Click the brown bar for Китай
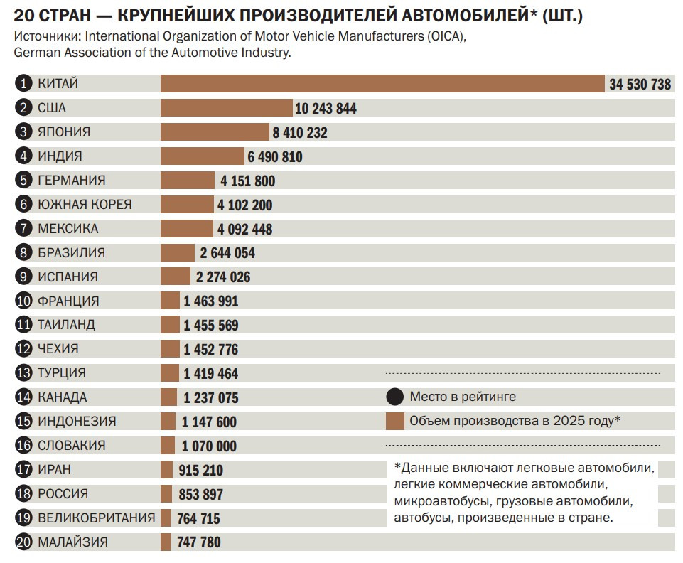pos(382,84)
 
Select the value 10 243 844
pos(326,109)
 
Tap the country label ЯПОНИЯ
pos(64,132)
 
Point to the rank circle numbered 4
pos(23,156)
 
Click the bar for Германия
pos(188,181)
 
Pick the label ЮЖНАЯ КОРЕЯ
pos(85,204)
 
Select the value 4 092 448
pos(244,229)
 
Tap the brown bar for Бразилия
pos(178,253)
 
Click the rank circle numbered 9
pos(23,277)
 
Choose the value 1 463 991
pos(211,301)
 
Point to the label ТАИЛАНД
pos(66,325)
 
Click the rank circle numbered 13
pos(23,373)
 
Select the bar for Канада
pos(169,397)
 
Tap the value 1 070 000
pos(209,446)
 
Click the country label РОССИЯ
pos(63,494)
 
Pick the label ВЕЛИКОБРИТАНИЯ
pos(96,518)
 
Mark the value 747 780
pos(198,542)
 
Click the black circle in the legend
pos(394,397)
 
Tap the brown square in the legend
pos(395,422)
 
